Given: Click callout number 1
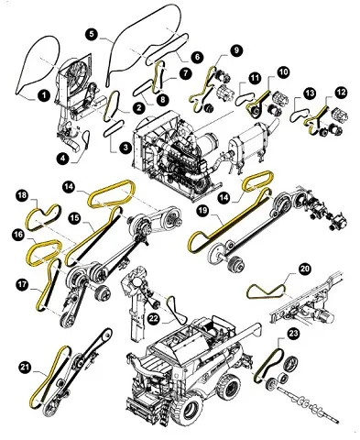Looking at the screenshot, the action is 44,95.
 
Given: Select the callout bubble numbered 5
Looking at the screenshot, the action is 92,34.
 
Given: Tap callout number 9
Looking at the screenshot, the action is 236,50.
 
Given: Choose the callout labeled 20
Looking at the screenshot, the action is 304,269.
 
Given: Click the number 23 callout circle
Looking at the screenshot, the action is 293,334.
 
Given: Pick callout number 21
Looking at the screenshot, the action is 26,367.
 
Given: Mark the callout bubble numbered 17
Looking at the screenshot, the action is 22,285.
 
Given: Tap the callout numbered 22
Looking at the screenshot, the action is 154,318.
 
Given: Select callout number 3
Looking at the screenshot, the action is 125,148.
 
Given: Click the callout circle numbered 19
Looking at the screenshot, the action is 202,211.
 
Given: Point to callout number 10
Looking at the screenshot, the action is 283,72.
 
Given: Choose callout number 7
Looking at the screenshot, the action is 185,73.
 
